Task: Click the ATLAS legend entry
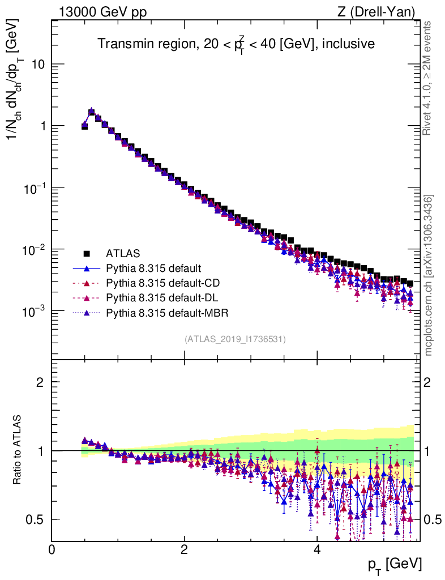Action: [x=123, y=253]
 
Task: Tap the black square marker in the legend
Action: [x=87, y=253]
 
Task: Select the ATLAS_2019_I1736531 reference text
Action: [x=235, y=339]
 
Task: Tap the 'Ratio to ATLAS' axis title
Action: [x=19, y=450]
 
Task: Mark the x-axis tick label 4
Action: [x=317, y=550]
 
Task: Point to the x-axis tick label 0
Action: [x=52, y=550]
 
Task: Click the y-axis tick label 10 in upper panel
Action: [x=38, y=65]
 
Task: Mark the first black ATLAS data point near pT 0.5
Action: [x=84, y=127]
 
